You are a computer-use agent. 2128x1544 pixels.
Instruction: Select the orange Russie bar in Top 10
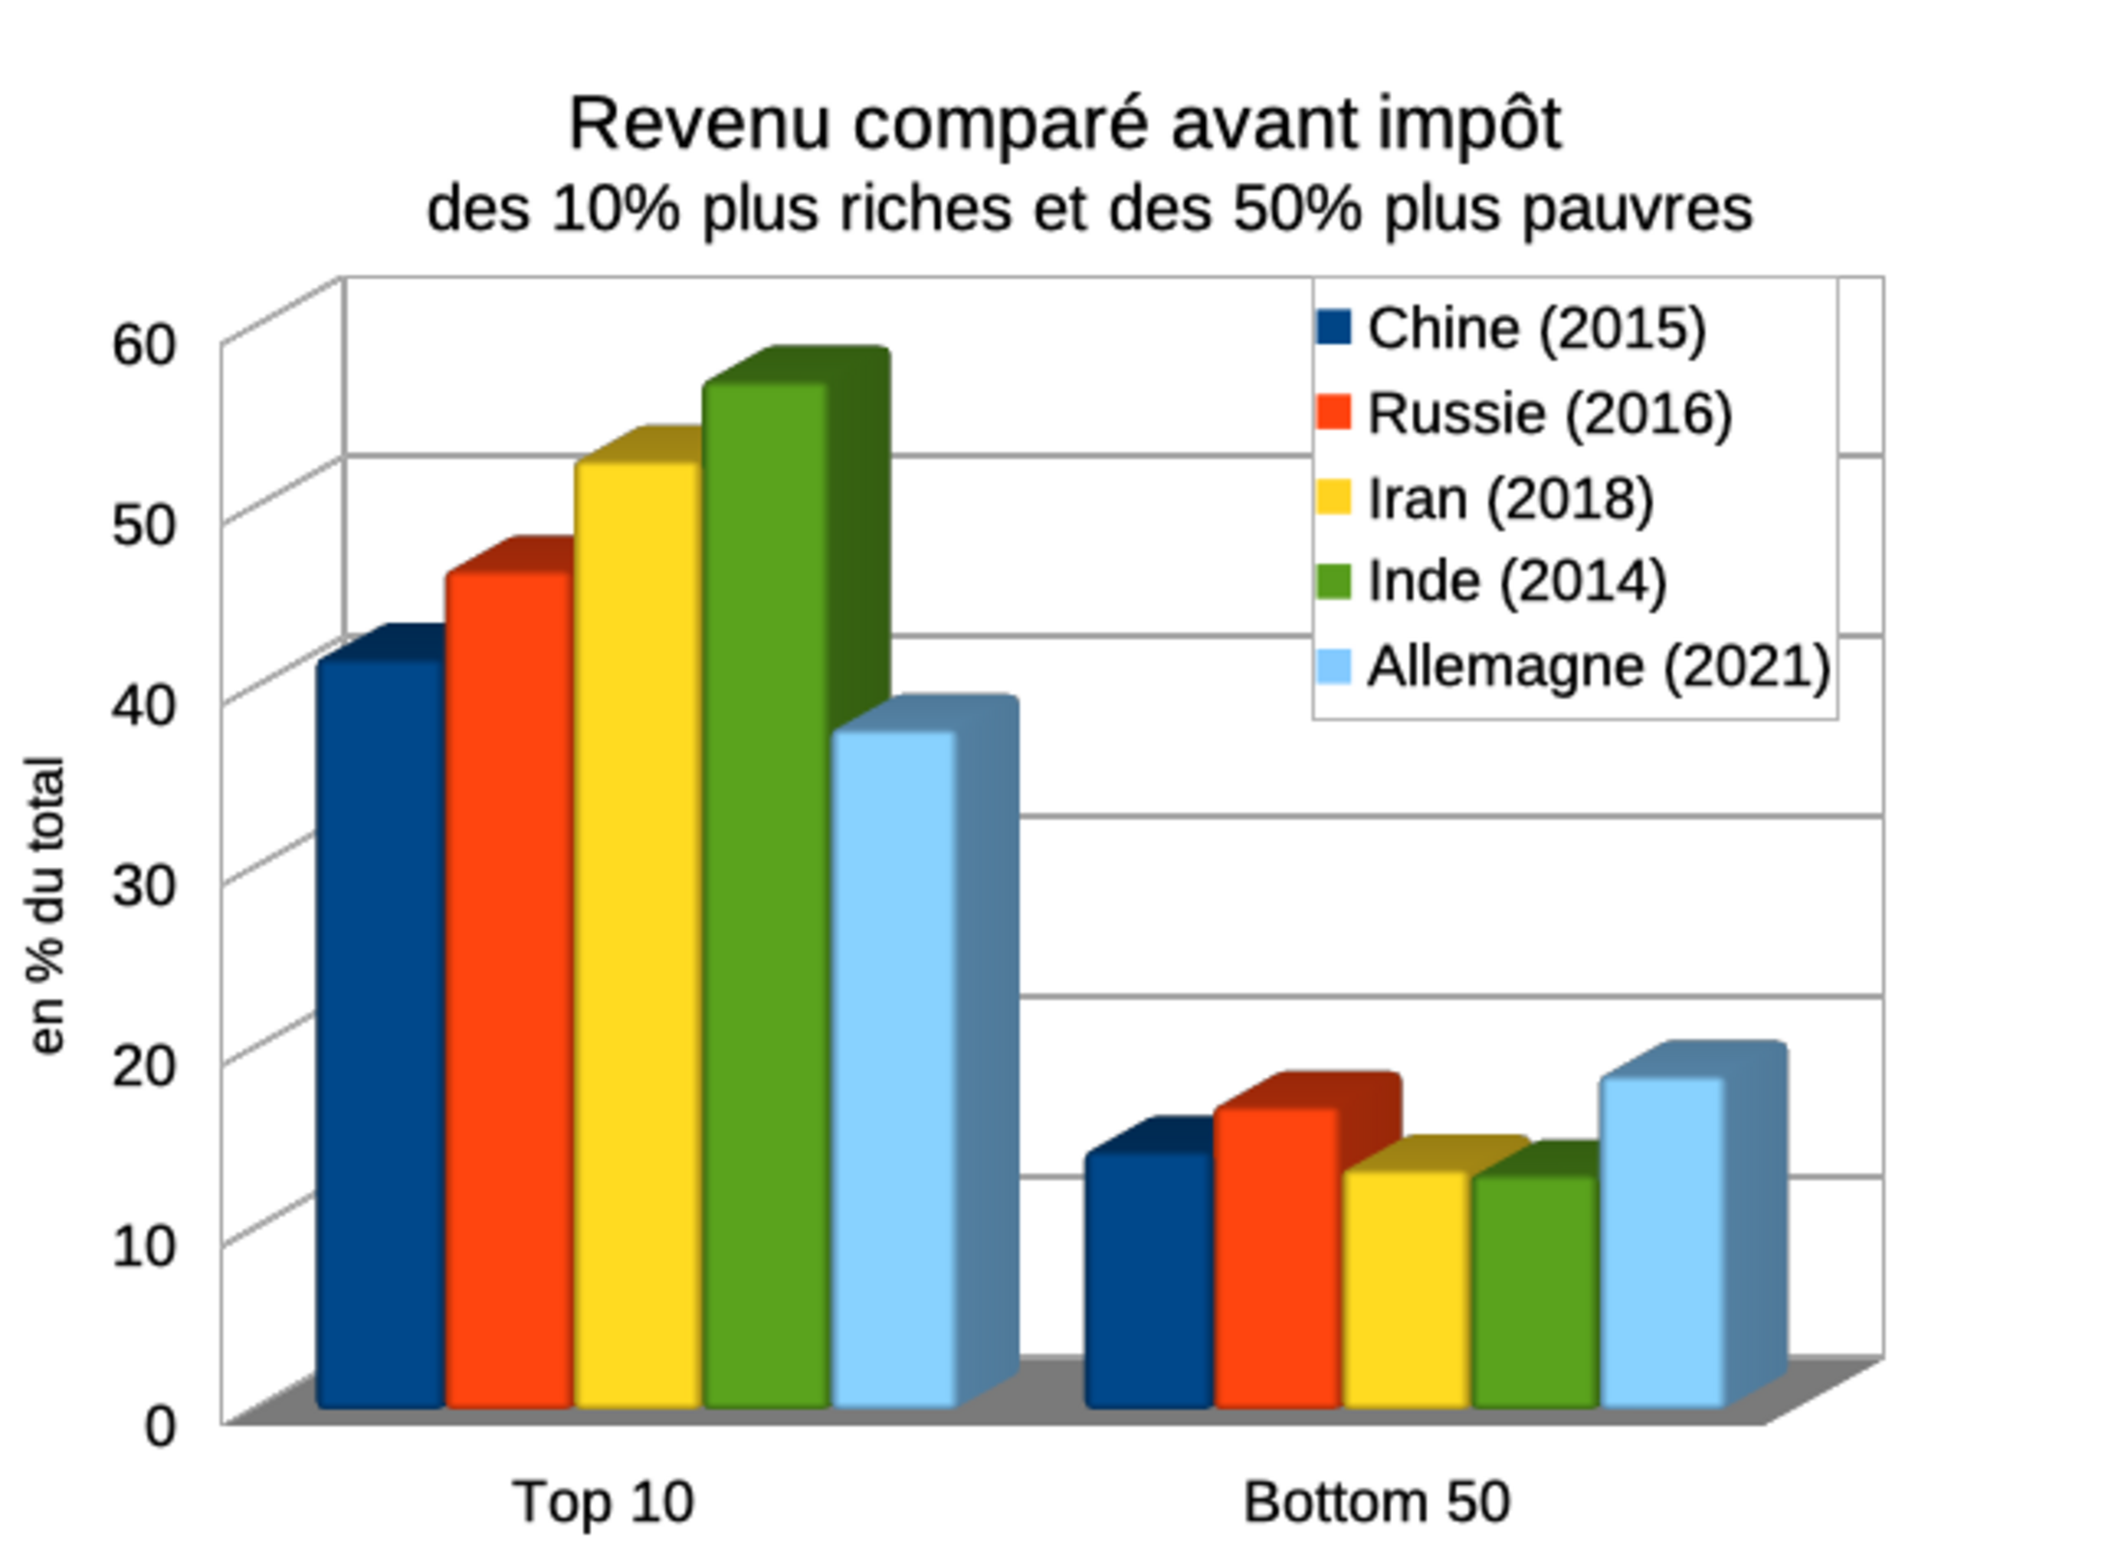pos(509,986)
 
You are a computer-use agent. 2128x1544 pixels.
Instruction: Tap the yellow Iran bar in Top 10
pos(637,933)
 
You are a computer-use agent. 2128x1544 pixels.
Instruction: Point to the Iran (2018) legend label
pos(1510,499)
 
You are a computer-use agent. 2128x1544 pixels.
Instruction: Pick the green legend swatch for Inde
pos(1334,582)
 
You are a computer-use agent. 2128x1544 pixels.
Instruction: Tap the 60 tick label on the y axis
pos(144,344)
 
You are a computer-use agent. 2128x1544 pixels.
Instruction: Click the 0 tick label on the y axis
pos(161,1425)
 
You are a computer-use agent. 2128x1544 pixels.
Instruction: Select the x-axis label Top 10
pos(604,1501)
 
